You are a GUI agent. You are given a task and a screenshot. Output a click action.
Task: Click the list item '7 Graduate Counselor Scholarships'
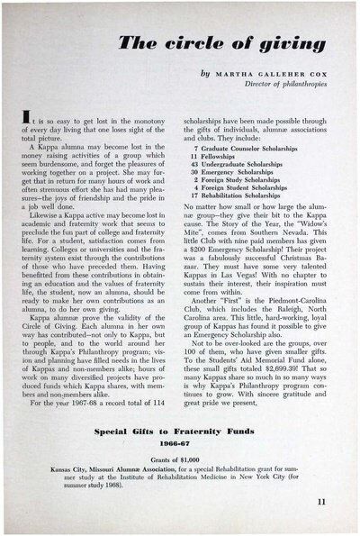(248, 146)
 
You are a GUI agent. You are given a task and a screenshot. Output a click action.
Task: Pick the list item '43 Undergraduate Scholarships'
(241, 163)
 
